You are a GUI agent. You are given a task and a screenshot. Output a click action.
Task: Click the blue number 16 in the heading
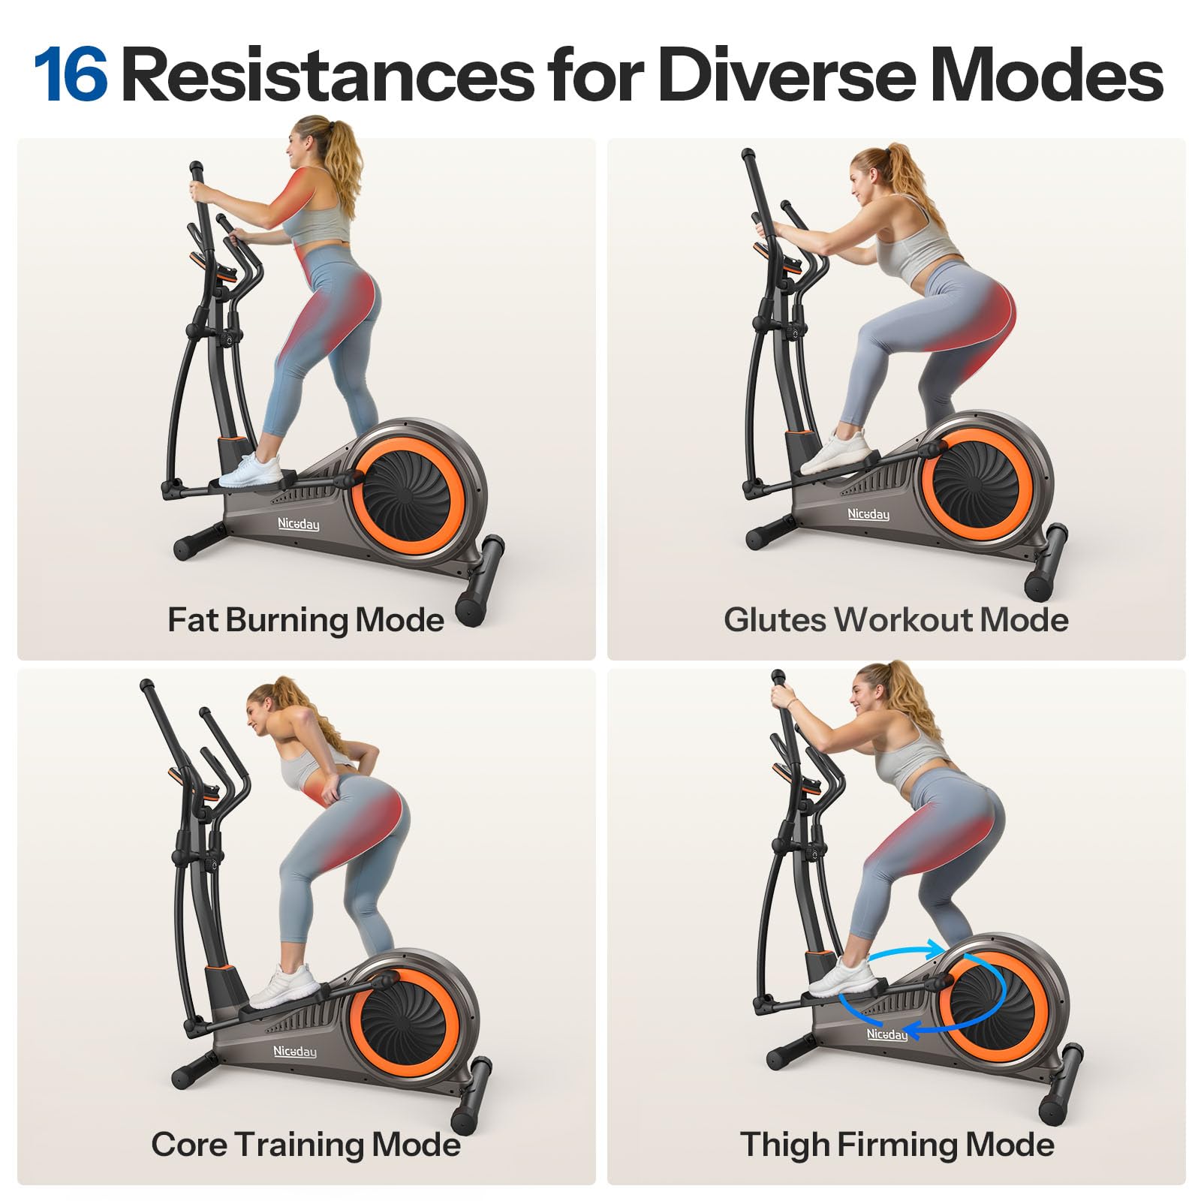71,75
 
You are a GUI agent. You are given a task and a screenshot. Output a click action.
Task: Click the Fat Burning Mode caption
306,621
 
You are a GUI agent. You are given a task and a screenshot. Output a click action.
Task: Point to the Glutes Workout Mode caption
896,620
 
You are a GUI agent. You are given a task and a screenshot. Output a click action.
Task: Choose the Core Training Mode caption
306,1145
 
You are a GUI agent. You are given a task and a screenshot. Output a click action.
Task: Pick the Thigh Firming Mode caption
897,1145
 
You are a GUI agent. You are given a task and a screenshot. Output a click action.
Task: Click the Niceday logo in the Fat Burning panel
298,524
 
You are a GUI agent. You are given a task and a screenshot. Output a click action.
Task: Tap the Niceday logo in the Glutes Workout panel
868,514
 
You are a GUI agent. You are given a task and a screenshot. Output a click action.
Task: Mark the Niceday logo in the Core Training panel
295,1052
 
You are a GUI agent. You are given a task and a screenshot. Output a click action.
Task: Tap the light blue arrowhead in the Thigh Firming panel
935,949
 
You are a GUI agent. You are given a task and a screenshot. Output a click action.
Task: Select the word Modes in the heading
1046,75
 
